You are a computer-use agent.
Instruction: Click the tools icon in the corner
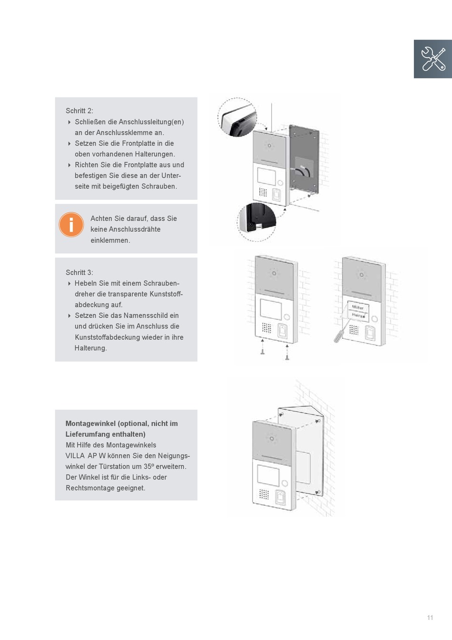pos(432,59)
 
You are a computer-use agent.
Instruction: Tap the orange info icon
pos(71,224)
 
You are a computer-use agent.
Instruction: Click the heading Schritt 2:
pos(79,111)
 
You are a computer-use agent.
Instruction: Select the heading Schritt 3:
pos(79,273)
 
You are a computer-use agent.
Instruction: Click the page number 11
pos(430,618)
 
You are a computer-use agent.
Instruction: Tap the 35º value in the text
pos(149,467)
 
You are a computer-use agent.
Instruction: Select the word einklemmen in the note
pos(110,240)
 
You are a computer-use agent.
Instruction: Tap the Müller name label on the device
pos(357,307)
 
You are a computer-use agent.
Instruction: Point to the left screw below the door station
pos(262,348)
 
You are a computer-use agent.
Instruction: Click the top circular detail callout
pos(237,118)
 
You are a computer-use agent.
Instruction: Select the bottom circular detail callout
pos(257,221)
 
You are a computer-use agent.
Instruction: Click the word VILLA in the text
pos(75,456)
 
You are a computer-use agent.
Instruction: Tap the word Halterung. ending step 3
pos(90,348)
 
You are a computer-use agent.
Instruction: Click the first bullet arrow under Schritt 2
pos(69,122)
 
